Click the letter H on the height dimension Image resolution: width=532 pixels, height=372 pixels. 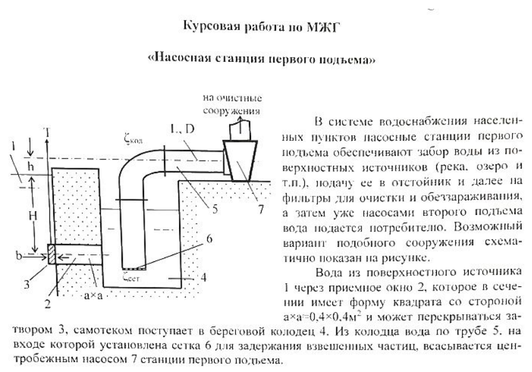[x=37, y=214]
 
